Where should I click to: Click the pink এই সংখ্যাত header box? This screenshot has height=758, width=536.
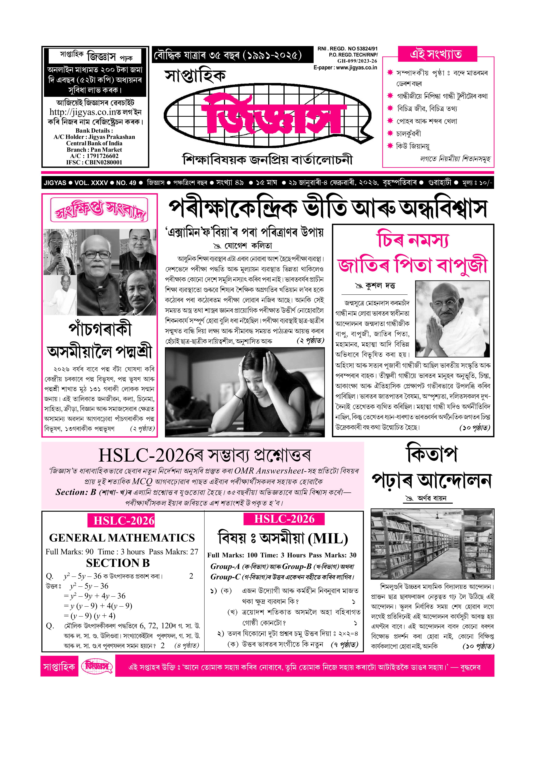pyautogui.click(x=437, y=54)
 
